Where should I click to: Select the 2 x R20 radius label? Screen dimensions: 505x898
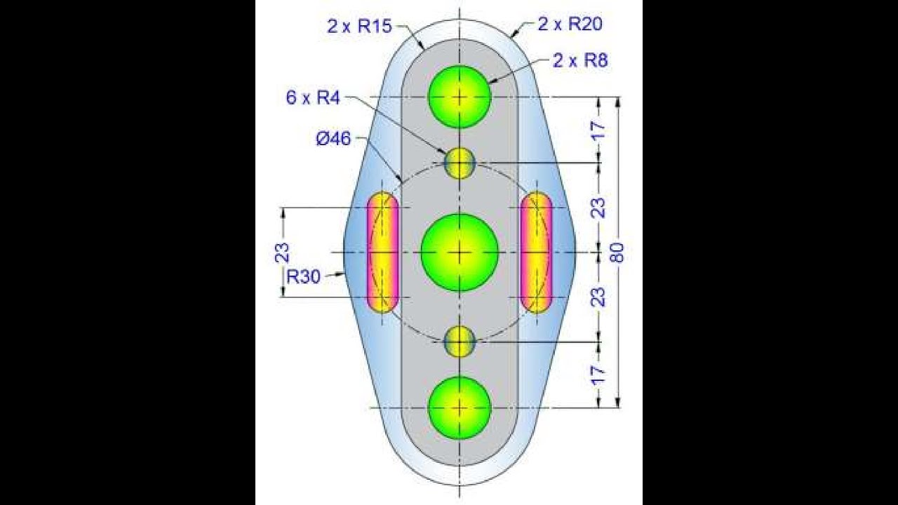[570, 25]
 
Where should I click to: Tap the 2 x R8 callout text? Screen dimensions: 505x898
[579, 60]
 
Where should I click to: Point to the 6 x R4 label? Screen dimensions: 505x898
[312, 97]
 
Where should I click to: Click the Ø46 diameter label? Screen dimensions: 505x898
[333, 139]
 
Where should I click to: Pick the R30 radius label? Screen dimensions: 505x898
[304, 276]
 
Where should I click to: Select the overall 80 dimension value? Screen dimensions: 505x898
[617, 252]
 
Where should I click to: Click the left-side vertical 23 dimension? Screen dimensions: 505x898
[282, 252]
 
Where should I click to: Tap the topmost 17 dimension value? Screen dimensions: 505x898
[598, 130]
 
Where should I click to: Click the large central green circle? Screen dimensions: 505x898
[460, 252]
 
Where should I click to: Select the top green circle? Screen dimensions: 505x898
[460, 97]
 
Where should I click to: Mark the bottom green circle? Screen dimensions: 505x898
[460, 408]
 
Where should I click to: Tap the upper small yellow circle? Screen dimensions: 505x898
[460, 163]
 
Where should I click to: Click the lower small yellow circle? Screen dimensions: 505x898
[460, 342]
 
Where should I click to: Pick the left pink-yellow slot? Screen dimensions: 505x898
[382, 252]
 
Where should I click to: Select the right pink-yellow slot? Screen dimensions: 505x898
[536, 252]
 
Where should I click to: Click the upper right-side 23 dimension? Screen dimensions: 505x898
[598, 208]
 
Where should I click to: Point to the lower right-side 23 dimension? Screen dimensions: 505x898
[598, 297]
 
